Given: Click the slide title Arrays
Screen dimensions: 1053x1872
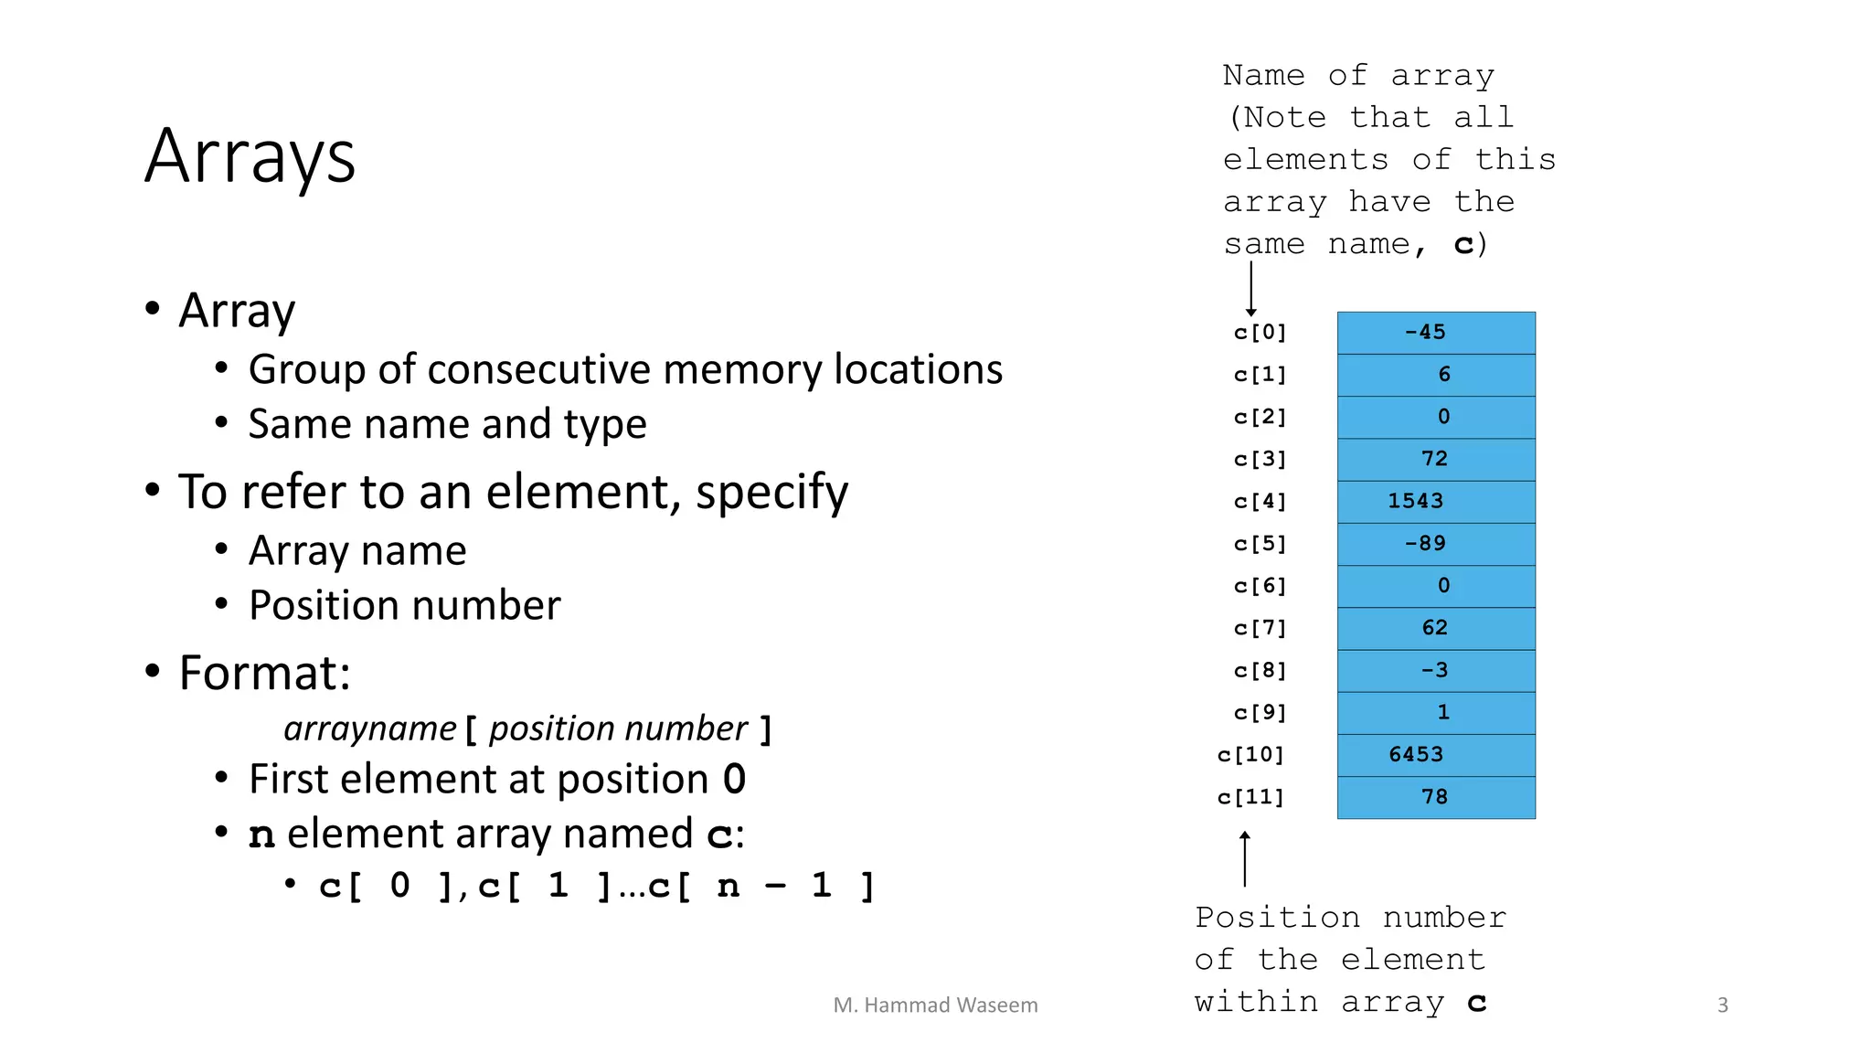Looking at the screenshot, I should (250, 157).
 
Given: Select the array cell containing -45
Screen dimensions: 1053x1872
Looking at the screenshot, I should (1435, 333).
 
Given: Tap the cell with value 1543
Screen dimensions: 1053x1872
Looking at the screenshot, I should (1435, 502).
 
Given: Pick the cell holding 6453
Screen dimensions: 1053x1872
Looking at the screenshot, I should (1435, 755).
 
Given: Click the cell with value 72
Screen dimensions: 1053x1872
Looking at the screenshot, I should (1435, 459).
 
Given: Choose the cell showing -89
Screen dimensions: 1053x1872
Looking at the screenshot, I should (1435, 544).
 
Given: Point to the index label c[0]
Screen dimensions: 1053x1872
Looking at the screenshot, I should (1260, 333).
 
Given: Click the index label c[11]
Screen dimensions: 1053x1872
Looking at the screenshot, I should (1250, 797).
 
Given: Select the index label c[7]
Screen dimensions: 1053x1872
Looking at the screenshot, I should (1260, 628).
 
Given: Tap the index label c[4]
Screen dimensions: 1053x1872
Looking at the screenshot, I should (1260, 502).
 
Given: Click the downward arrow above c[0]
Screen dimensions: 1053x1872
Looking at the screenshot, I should (1250, 289).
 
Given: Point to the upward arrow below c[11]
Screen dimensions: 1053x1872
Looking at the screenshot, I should (1244, 858).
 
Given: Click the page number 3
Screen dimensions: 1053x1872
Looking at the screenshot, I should (1722, 1005).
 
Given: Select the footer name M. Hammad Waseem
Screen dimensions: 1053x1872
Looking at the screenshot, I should (935, 1005).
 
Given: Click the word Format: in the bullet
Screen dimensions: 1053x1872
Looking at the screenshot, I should (265, 674).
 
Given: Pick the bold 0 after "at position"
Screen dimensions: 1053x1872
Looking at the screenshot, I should (734, 780).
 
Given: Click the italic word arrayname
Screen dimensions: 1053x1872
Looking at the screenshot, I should (369, 729).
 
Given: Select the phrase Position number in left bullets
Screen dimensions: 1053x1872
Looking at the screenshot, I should (404, 606).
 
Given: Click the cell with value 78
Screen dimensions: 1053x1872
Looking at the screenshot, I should (1435, 797).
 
